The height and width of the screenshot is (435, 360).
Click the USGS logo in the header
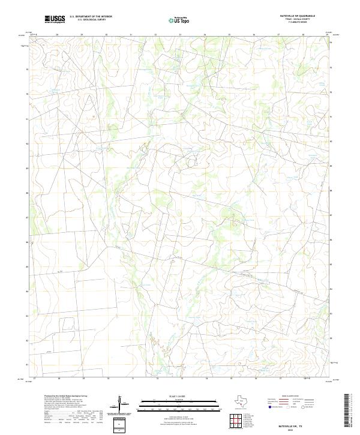(x=55, y=19)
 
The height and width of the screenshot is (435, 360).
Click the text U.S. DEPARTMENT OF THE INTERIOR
(x=91, y=17)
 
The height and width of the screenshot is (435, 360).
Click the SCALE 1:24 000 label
(x=167, y=396)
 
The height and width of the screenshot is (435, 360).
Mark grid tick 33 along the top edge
(x=180, y=35)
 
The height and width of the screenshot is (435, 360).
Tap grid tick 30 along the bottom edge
(x=108, y=379)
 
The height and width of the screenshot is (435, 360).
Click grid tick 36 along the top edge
(x=254, y=35)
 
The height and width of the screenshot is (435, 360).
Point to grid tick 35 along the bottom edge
(x=231, y=379)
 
